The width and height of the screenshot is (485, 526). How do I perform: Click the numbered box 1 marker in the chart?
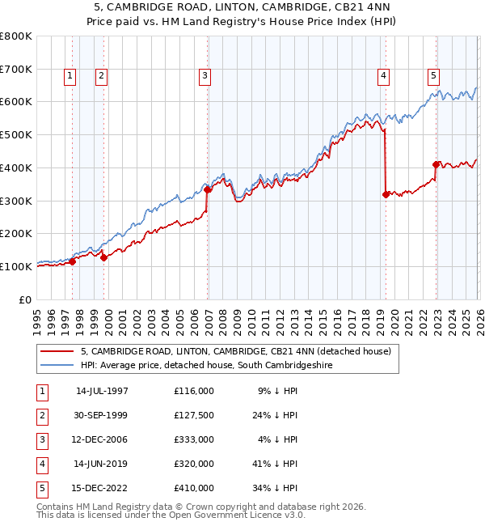tap(70, 76)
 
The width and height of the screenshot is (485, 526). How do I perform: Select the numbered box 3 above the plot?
tap(205, 76)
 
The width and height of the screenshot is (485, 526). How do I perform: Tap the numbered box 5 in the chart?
tap(434, 76)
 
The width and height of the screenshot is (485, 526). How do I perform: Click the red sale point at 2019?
tap(385, 194)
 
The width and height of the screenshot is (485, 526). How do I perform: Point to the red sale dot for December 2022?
tap(436, 164)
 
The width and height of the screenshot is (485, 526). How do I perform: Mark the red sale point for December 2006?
tap(208, 190)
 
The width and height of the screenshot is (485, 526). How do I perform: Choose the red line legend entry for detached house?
tap(236, 351)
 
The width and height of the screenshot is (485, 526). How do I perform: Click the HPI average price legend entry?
tap(206, 366)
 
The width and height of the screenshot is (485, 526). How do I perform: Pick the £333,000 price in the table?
tap(193, 440)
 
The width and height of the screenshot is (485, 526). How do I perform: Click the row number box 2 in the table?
tap(41, 416)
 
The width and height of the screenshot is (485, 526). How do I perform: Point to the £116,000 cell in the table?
tap(193, 392)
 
